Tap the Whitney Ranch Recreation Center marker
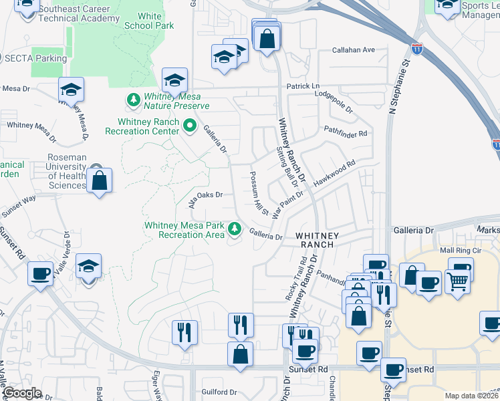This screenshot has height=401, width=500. pyautogui.click(x=190, y=124)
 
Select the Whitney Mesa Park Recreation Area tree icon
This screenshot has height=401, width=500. pyautogui.click(x=234, y=229)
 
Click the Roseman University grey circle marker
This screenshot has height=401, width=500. pyautogui.click(x=96, y=170)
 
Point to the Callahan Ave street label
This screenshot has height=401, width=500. pyautogui.click(x=354, y=50)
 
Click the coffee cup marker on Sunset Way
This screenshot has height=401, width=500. pyautogui.click(x=41, y=273)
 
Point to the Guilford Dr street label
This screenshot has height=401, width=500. pyautogui.click(x=219, y=392)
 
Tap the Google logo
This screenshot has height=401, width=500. pyautogui.click(x=22, y=393)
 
